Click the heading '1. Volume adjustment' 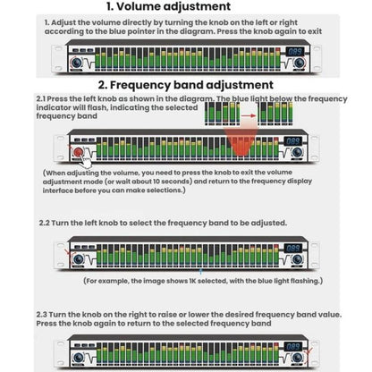(168, 6)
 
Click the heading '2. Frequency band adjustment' (186, 85)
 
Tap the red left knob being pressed (78, 152)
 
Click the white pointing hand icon (86, 161)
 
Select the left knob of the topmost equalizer (77, 63)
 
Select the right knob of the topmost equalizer (299, 63)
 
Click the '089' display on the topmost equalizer (295, 51)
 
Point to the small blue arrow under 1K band (201, 271)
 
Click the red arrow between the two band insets (249, 115)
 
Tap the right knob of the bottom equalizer (297, 357)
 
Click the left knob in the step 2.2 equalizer (78, 258)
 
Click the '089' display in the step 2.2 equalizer (292, 248)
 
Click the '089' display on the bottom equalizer (292, 346)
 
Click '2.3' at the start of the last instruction (41, 315)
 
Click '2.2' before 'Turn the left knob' (44, 223)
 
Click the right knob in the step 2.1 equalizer (297, 152)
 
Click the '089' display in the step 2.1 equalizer (292, 141)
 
